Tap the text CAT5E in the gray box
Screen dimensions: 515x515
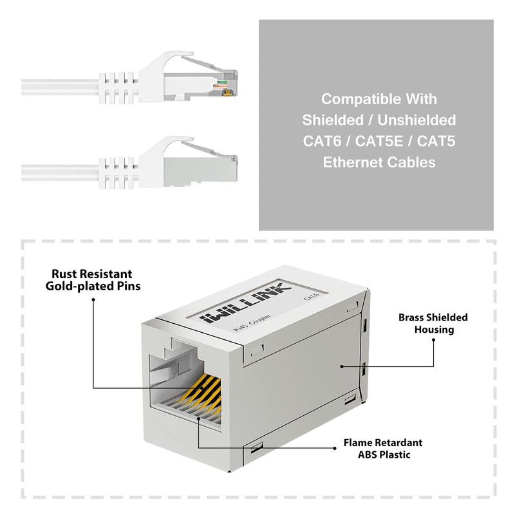point(379,141)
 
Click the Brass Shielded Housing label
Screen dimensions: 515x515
point(433,323)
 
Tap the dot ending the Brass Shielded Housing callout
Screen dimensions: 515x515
point(341,366)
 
